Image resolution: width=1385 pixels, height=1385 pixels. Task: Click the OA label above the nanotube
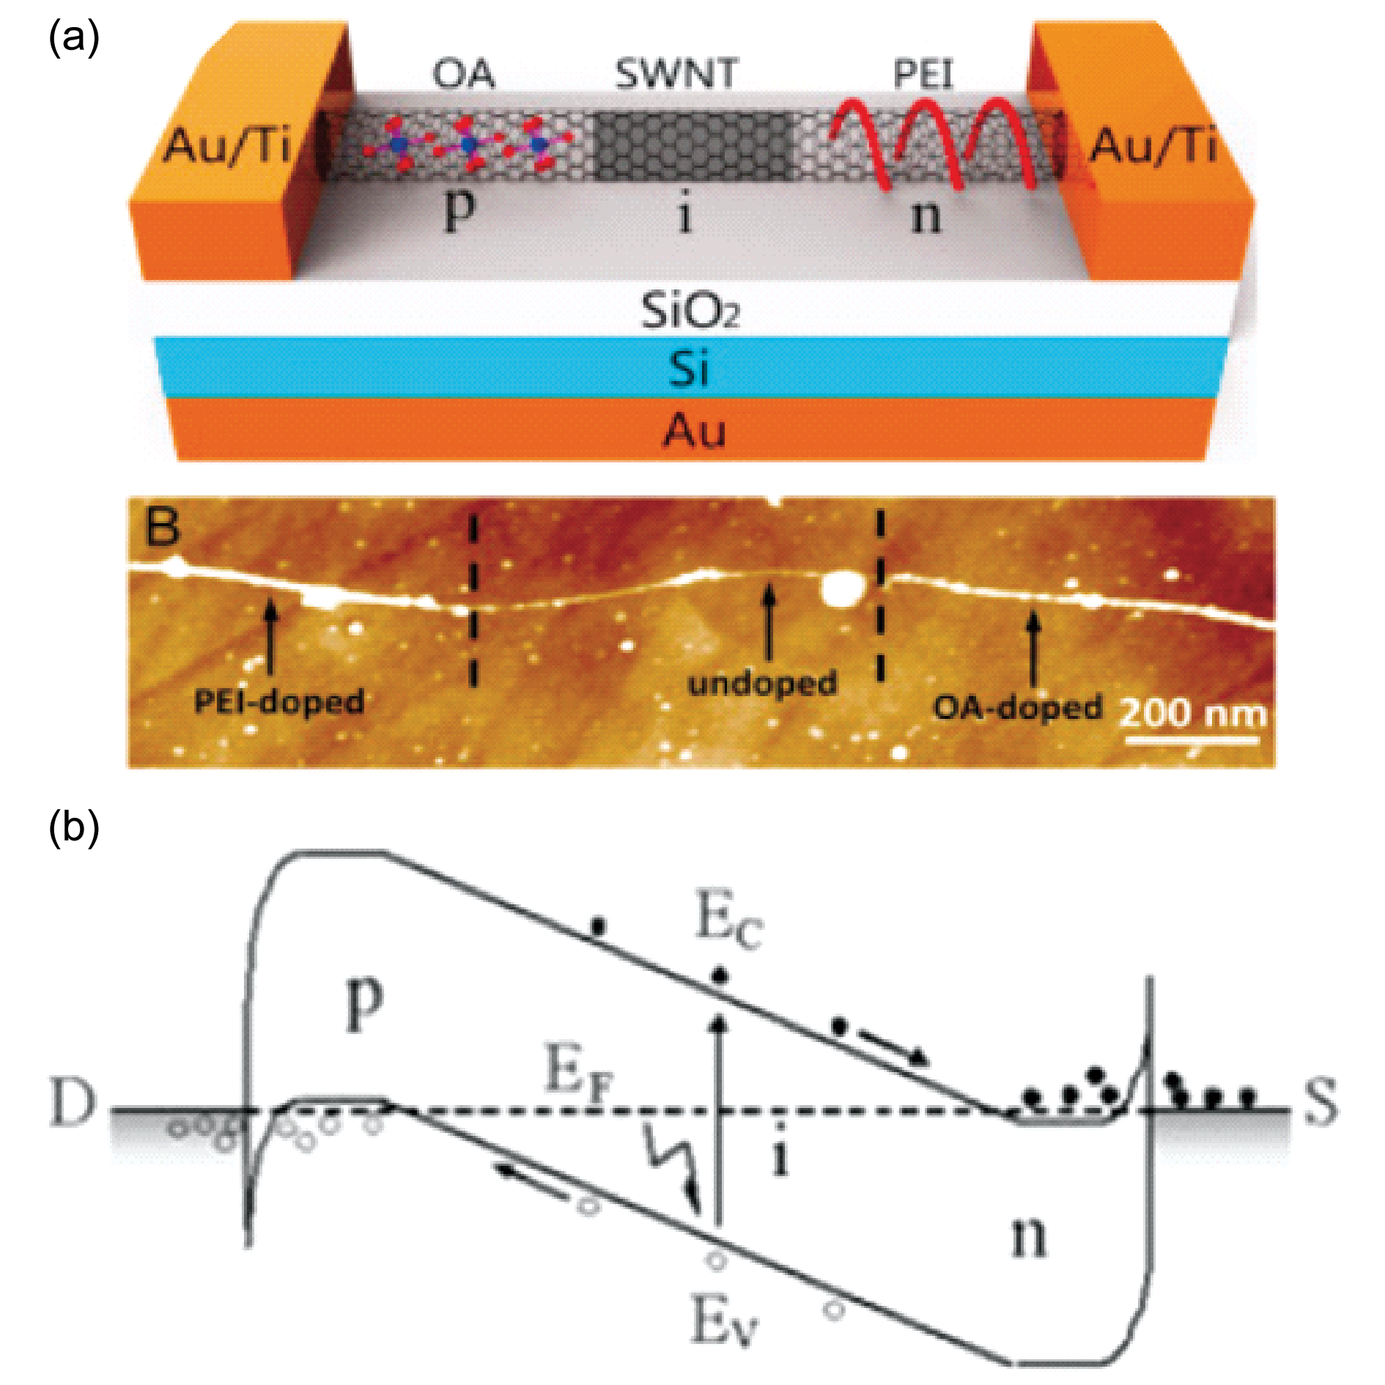coord(463,74)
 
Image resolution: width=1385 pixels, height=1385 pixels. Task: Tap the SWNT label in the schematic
coord(676,74)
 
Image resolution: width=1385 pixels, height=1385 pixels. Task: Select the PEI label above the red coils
coord(923,74)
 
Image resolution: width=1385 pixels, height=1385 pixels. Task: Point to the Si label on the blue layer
coord(689,368)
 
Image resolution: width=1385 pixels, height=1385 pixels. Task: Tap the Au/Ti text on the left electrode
coord(227,145)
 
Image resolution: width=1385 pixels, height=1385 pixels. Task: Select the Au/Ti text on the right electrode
coord(1153,145)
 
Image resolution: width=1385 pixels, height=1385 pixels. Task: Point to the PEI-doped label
coord(279,701)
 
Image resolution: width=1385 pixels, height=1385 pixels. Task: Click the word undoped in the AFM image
coord(763,683)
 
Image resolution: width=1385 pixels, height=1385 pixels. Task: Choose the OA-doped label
coord(1018,707)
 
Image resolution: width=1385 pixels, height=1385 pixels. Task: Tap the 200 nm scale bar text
coord(1193,714)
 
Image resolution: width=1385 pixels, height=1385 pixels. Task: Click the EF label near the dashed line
coord(579,1072)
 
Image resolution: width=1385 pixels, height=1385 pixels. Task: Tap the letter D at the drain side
coord(73,1101)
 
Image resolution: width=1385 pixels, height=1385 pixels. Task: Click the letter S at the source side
coord(1321,1101)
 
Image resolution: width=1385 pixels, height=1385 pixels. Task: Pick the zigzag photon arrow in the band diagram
coord(671,1166)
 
